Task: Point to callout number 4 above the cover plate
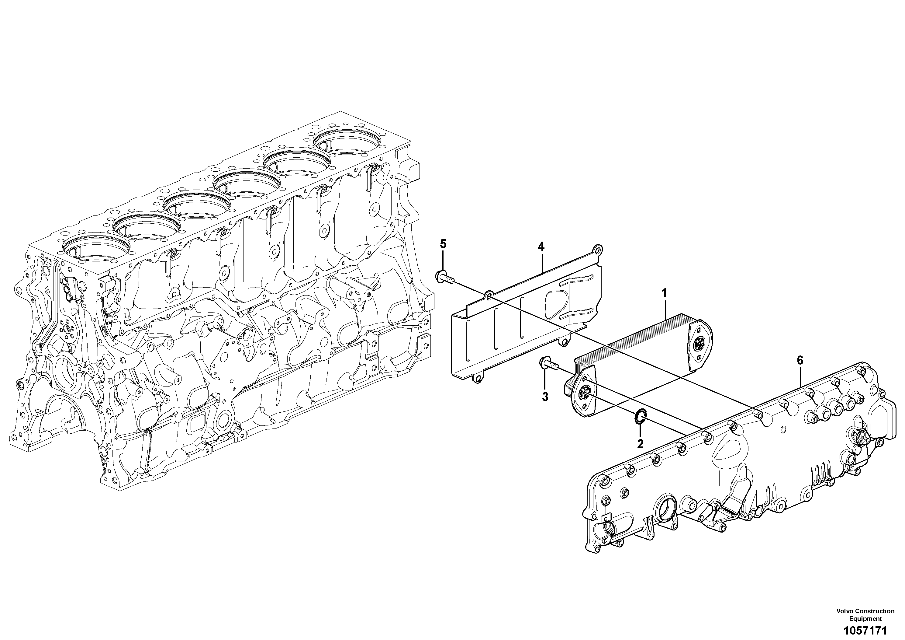(x=541, y=247)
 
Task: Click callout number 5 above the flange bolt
(x=444, y=244)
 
